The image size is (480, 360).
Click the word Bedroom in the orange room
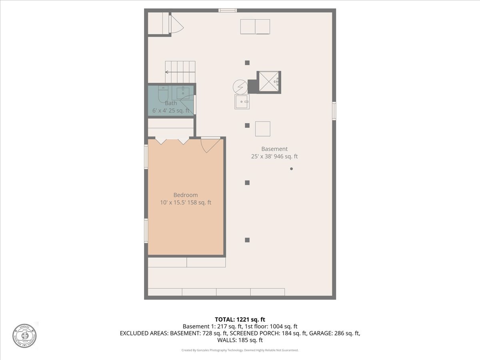(x=185, y=195)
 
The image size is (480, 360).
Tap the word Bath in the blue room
(x=171, y=103)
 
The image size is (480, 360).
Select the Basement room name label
(x=274, y=149)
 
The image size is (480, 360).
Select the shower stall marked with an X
(x=268, y=82)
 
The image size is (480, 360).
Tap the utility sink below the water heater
(x=242, y=102)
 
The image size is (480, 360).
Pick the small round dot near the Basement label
(x=291, y=169)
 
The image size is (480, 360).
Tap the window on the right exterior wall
(x=334, y=111)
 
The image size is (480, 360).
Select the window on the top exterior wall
(x=228, y=10)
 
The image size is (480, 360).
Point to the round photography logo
(x=24, y=335)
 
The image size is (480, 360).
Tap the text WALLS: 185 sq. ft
(x=240, y=340)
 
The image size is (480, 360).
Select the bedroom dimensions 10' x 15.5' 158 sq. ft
(x=185, y=202)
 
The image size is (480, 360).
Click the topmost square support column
(x=247, y=62)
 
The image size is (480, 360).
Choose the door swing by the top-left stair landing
(x=176, y=25)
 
